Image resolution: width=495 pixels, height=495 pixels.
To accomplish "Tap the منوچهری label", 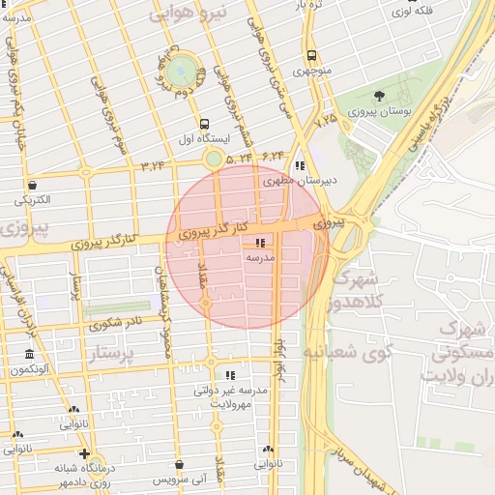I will [x=311, y=71].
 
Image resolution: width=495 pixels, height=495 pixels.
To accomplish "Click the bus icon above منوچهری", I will [x=311, y=55].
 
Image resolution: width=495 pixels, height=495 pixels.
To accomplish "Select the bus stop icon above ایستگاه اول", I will [x=204, y=124].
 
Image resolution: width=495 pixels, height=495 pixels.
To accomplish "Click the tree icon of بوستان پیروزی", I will [x=379, y=96].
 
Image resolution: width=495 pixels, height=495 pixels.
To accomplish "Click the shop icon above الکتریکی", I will [x=33, y=185].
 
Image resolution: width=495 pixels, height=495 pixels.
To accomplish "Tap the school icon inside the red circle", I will [x=259, y=243].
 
